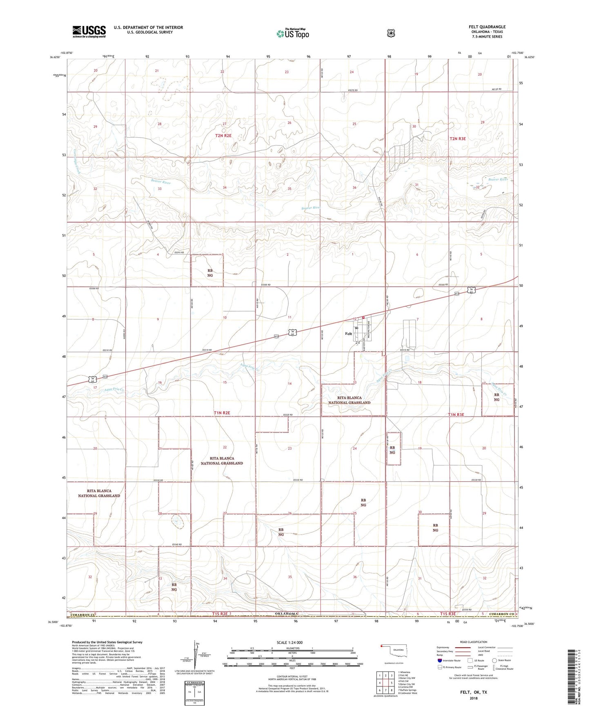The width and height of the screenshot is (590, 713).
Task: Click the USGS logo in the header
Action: coord(89,31)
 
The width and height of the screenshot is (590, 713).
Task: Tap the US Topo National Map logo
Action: coord(292,33)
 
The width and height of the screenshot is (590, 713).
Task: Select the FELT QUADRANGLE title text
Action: coord(487,27)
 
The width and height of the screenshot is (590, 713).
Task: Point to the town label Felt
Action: coord(348,334)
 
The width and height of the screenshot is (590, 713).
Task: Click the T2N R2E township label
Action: coord(223,136)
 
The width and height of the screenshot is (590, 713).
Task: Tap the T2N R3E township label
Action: coord(457,139)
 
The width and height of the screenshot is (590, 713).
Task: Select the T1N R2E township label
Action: coord(222,413)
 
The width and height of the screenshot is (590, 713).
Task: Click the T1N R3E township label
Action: coord(456,414)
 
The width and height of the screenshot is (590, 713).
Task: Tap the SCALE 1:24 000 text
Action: coord(289,642)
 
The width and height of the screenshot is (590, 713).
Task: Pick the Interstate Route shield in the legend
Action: coord(439,660)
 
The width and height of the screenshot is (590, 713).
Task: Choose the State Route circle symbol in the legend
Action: coord(494,660)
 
